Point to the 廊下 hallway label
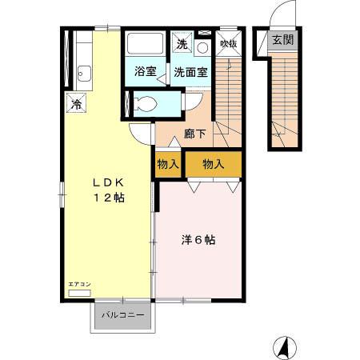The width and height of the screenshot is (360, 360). pyautogui.click(x=194, y=134)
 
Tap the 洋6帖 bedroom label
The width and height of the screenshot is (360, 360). pyautogui.click(x=198, y=238)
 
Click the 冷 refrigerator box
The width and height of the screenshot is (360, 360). pyautogui.click(x=77, y=103)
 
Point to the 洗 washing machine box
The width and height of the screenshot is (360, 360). pyautogui.click(x=182, y=44)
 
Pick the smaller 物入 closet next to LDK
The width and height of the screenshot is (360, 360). pyautogui.click(x=168, y=164)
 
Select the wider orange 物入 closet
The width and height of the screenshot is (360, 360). pyautogui.click(x=213, y=164)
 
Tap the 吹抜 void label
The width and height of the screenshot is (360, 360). pyautogui.click(x=228, y=44)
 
